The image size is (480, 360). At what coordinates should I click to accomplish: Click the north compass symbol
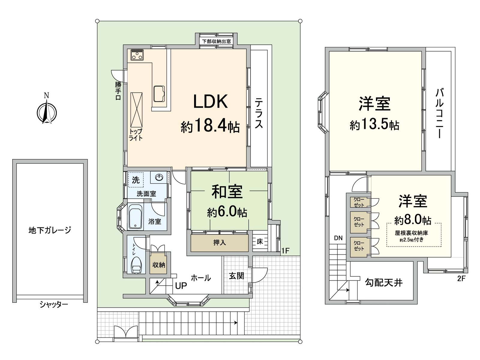(x=46, y=112)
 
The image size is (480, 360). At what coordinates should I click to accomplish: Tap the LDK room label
(x=210, y=101)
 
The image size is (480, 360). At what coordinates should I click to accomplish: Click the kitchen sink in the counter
(x=159, y=93)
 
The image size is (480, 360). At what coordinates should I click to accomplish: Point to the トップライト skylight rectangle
(x=136, y=110)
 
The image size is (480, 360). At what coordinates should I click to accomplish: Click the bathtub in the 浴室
(x=135, y=217)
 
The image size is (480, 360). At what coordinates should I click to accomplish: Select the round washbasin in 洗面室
(x=159, y=178)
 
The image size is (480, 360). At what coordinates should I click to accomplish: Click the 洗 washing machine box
(x=136, y=180)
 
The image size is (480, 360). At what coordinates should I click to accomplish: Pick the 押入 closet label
(x=220, y=242)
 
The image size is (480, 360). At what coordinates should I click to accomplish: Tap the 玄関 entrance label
(x=236, y=275)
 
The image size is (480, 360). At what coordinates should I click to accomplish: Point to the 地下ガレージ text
(x=50, y=230)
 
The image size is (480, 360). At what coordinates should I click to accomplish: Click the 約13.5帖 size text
(x=374, y=124)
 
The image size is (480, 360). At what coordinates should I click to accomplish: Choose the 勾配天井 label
(x=384, y=282)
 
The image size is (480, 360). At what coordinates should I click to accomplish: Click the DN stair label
(x=338, y=238)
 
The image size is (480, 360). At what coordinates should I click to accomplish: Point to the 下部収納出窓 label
(x=216, y=41)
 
